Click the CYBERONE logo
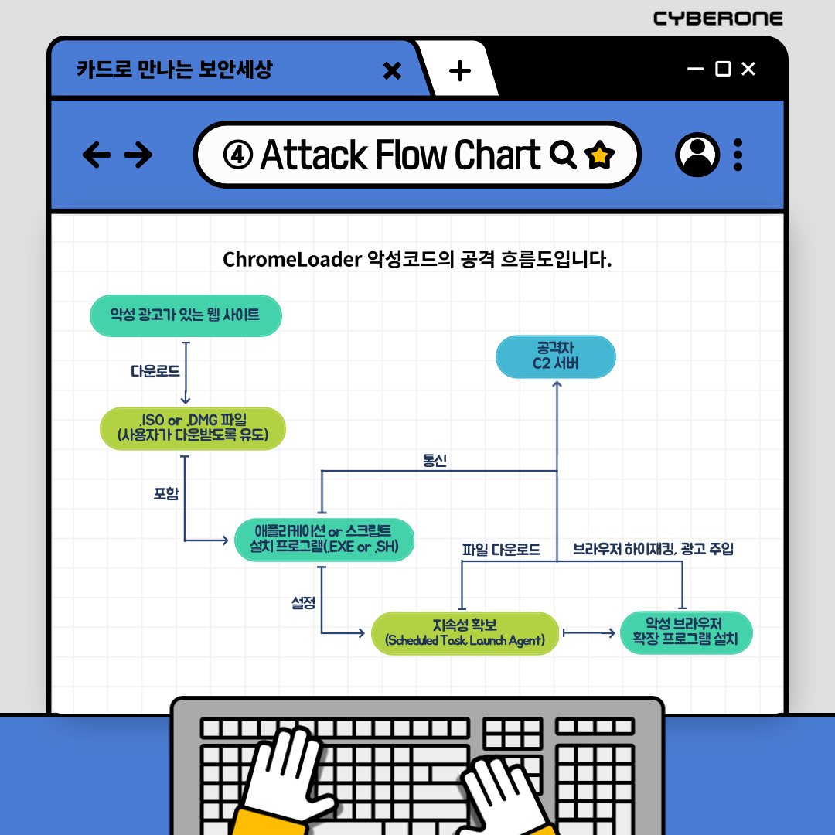(x=718, y=18)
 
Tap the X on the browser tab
(x=393, y=71)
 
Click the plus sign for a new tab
(x=460, y=71)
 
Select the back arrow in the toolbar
(x=97, y=155)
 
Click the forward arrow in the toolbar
(x=138, y=155)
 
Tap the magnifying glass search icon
(x=563, y=155)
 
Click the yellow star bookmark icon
(x=599, y=155)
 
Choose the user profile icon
(x=697, y=155)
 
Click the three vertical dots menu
(x=738, y=155)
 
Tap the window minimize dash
(x=695, y=69)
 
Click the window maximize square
(x=723, y=69)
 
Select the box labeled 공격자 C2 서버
(x=555, y=356)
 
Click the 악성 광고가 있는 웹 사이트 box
(x=186, y=315)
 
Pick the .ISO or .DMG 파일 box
(x=193, y=428)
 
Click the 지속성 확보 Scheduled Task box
(x=465, y=632)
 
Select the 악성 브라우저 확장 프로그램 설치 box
(x=686, y=632)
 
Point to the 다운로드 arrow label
(x=155, y=371)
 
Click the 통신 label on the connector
(x=435, y=460)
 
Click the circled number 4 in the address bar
(x=238, y=155)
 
